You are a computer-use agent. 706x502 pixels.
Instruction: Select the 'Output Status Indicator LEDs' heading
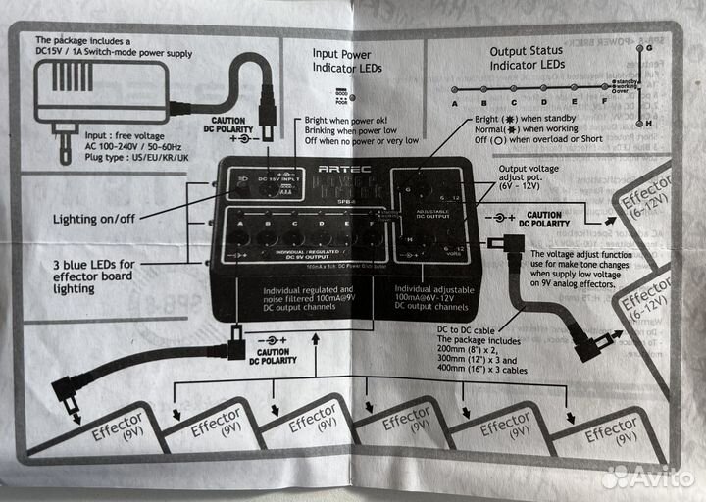tap(527, 57)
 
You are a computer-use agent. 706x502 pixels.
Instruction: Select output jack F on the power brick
tap(371, 236)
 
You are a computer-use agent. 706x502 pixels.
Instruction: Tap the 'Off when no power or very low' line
tap(362, 140)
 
